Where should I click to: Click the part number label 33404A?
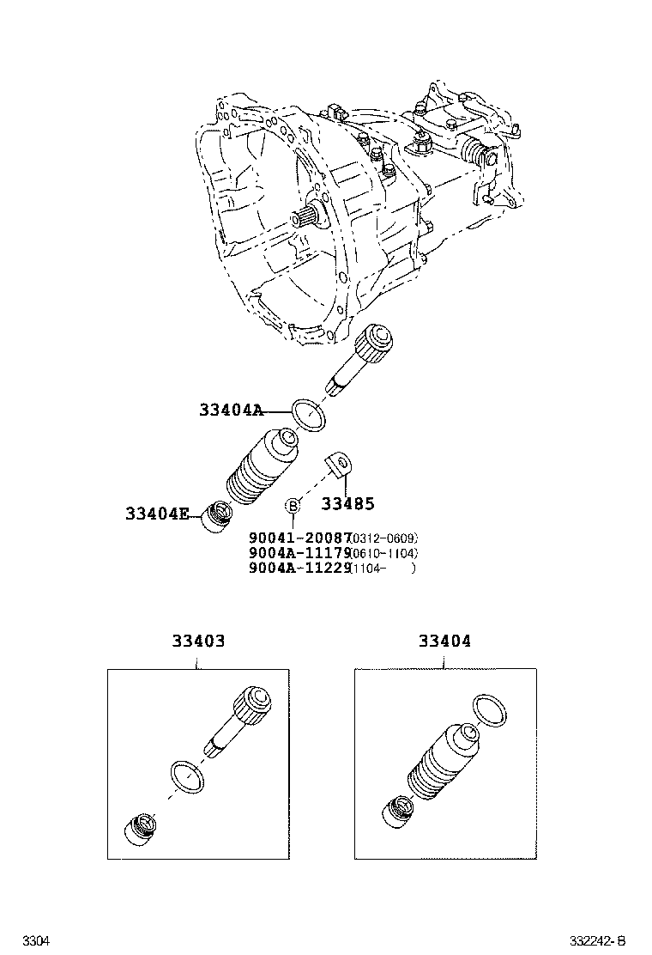click(231, 411)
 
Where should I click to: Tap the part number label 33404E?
click(158, 514)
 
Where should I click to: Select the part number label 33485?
click(348, 504)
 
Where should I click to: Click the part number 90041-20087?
click(300, 538)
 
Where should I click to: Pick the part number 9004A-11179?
click(300, 553)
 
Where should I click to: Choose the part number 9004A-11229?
click(300, 568)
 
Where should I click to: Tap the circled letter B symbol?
click(293, 504)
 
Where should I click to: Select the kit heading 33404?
click(444, 641)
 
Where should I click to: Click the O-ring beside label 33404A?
click(310, 415)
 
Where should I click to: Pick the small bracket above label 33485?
click(340, 465)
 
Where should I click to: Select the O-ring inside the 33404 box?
click(489, 712)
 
